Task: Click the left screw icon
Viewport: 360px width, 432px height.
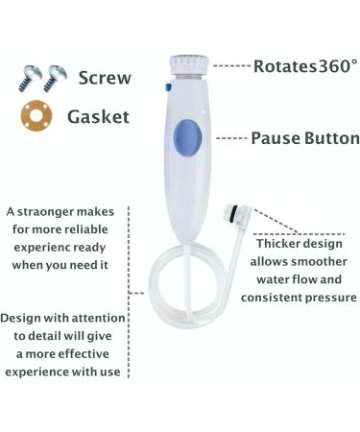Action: (28, 78)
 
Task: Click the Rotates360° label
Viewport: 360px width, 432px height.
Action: (304, 66)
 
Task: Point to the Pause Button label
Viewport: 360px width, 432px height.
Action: (304, 138)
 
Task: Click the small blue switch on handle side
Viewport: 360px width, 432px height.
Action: (168, 86)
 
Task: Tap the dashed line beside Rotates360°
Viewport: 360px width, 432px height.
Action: (230, 66)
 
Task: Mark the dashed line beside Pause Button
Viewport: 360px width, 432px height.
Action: (230, 138)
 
